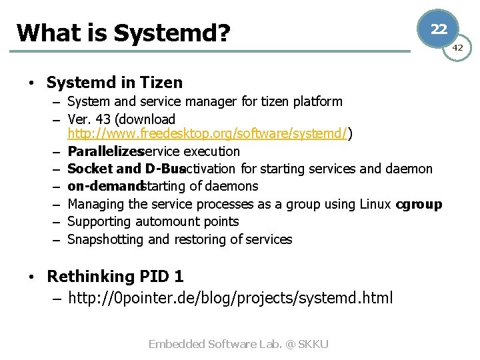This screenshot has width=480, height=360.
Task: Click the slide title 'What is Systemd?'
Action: click(123, 32)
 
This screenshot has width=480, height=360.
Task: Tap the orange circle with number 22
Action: click(438, 29)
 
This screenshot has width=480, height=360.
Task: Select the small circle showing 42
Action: click(458, 47)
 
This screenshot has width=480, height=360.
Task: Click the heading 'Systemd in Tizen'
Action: click(114, 83)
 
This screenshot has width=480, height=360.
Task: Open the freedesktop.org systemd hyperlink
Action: click(207, 134)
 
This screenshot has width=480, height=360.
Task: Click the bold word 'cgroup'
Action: click(419, 204)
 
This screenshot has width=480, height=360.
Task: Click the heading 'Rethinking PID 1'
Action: click(115, 276)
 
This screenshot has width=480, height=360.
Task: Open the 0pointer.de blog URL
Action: click(230, 297)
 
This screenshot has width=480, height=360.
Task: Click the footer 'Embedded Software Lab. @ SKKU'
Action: click(239, 344)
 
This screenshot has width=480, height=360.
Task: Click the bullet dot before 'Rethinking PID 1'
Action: click(31, 277)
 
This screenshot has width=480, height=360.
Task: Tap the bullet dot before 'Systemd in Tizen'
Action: click(31, 83)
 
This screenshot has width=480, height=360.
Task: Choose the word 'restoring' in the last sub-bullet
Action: click(201, 239)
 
